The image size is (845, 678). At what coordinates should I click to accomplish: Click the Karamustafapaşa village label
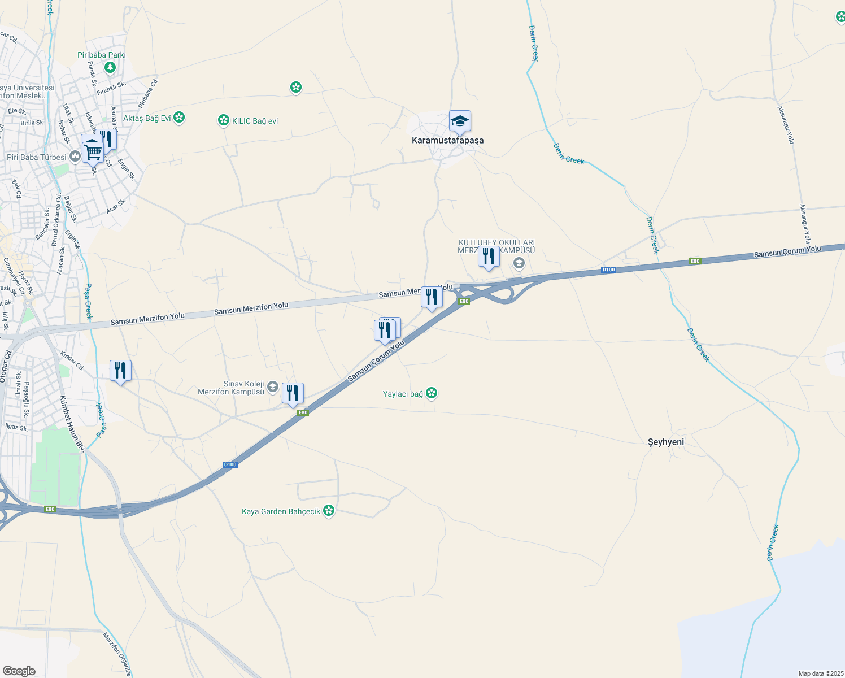coord(447,140)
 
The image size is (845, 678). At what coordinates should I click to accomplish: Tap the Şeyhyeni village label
coord(665,442)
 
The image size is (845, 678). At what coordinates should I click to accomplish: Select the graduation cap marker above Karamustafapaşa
coord(460,121)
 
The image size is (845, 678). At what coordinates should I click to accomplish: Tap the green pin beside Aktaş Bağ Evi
coord(179,118)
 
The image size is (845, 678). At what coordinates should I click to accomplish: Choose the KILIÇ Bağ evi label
coord(255,121)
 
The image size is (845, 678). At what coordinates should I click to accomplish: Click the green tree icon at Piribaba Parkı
coord(110,68)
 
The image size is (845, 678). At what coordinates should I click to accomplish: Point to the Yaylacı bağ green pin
coord(432,393)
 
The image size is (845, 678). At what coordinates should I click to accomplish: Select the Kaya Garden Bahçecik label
coord(281,511)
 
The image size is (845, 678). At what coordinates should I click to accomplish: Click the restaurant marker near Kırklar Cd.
coord(120,371)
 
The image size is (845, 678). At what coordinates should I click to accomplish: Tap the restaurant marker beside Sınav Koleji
coord(293,393)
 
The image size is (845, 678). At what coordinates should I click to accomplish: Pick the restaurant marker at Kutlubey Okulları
coord(489,257)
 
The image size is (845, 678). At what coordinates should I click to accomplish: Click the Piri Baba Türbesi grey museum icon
coord(75,157)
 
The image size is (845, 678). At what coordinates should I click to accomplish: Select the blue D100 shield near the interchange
coord(608,270)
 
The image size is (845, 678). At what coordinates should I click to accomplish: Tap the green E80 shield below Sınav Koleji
coord(303,412)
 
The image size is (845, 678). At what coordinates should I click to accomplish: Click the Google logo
coord(19,671)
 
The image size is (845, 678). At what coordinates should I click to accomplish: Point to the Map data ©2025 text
coord(820,673)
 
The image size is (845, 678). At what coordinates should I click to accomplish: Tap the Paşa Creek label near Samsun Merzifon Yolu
coord(88,302)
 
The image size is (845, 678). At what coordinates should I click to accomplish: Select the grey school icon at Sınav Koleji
coord(273,387)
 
